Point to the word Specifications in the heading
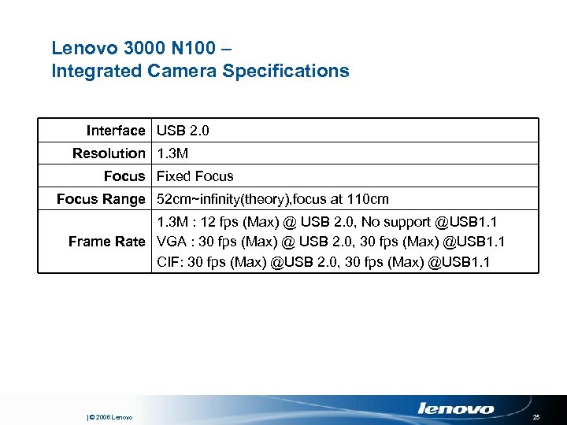click(x=286, y=71)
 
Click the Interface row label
click(x=116, y=130)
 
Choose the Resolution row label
click(x=109, y=153)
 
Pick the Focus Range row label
click(x=101, y=199)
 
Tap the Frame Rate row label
click(x=107, y=242)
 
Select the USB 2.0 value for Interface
click(x=183, y=130)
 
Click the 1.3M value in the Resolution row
click(x=172, y=153)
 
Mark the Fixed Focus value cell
click(x=195, y=176)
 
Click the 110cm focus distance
click(x=369, y=199)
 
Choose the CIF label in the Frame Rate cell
click(x=168, y=261)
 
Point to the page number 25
click(x=536, y=416)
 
